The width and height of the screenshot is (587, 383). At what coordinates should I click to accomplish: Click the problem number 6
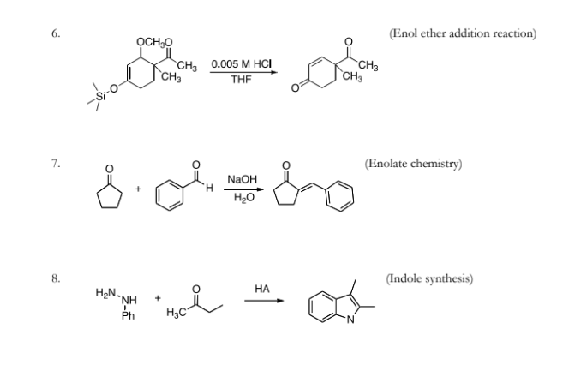coord(56,33)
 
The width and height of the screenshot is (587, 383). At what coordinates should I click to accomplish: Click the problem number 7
coord(56,164)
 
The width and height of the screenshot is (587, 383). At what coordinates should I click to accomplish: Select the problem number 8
coord(56,278)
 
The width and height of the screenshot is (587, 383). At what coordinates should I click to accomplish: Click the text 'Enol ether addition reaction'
coord(463,33)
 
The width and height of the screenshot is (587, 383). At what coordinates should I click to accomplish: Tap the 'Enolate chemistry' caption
coord(414,164)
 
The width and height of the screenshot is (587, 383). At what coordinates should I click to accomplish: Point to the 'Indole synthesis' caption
coord(430,278)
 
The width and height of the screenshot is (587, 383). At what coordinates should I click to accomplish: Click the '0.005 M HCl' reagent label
coord(242,64)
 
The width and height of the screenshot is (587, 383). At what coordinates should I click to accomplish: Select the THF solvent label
coord(241,80)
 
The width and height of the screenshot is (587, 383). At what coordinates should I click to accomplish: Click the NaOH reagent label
coord(243,179)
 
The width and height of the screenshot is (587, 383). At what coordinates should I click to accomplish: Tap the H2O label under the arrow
coord(243,197)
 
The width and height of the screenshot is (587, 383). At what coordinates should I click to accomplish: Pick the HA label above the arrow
coord(262,289)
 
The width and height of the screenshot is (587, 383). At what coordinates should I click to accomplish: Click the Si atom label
coord(100,96)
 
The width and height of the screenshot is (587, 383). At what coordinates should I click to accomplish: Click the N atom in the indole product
coord(350,320)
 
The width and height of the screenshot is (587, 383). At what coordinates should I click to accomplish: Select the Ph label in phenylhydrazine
coord(128,316)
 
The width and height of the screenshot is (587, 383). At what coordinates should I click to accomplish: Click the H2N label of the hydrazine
coord(107,293)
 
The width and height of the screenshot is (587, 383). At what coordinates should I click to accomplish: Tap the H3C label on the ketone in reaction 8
coord(176,312)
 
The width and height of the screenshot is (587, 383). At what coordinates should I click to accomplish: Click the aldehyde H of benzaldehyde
coord(209,188)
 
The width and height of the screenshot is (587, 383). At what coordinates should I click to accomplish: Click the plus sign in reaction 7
coord(139,189)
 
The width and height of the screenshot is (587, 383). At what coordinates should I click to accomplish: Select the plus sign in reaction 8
coord(158,298)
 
